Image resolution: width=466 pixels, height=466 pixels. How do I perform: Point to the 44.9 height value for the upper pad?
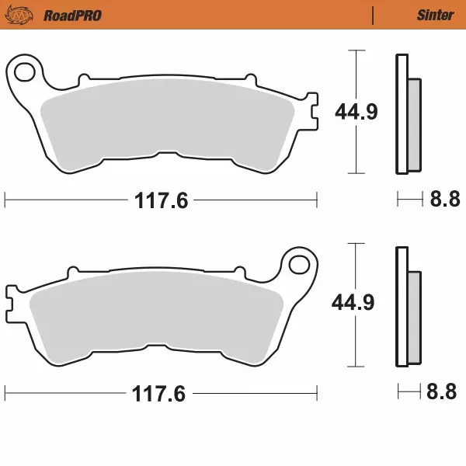(x=356, y=112)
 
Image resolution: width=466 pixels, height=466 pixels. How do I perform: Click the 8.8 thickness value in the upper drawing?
(x=444, y=200)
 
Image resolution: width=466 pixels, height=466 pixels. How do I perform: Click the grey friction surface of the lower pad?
(x=155, y=315)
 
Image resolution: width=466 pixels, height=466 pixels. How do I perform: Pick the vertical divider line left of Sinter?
(x=374, y=15)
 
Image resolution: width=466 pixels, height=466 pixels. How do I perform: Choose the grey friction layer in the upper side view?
(x=413, y=124)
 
